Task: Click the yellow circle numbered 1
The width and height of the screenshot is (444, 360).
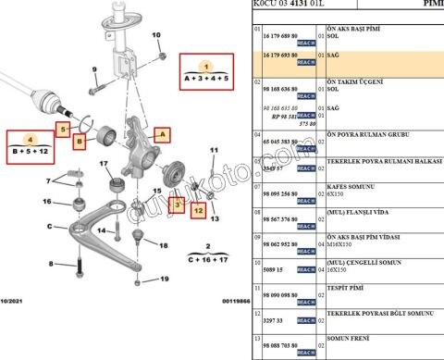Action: coord(207,67)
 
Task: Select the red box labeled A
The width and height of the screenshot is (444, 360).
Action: coord(163,134)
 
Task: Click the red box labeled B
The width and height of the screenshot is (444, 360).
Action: coord(80,141)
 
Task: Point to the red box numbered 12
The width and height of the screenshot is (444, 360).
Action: coord(197,211)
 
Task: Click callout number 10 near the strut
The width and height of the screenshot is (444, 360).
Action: coord(155,36)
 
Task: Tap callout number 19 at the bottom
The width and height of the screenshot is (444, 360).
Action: coord(164,279)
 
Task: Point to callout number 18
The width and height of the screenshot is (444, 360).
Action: coord(165,245)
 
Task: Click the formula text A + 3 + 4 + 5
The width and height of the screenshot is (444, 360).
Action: coord(207,80)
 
